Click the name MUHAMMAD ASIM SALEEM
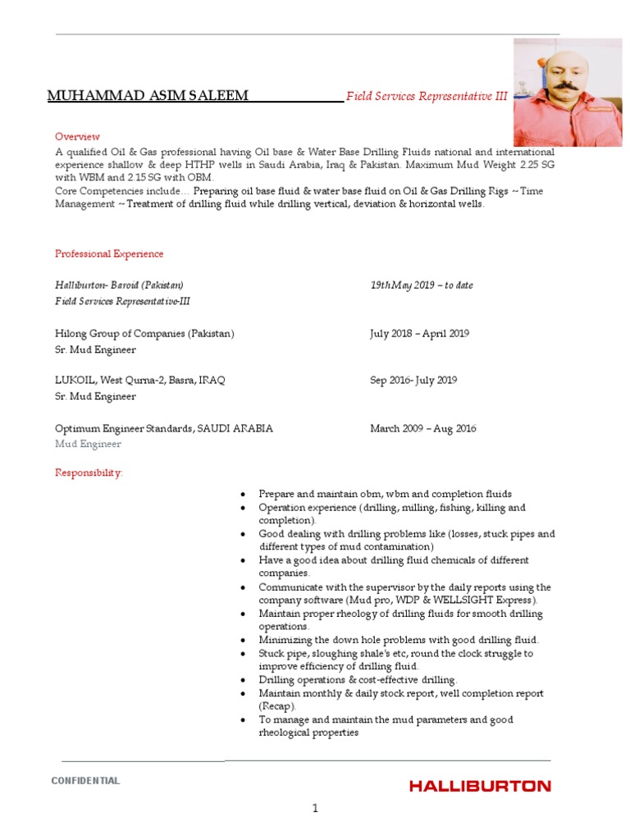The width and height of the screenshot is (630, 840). point(148,97)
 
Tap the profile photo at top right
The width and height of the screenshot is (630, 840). point(567,92)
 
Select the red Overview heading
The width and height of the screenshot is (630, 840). point(77,136)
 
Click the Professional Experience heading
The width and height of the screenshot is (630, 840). point(109,254)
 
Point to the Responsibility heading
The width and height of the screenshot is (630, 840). point(89,473)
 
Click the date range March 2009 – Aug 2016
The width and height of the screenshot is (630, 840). point(422,428)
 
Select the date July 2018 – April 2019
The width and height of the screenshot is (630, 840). point(419,334)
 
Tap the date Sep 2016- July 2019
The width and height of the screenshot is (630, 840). point(413,381)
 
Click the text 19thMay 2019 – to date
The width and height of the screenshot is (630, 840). point(421,285)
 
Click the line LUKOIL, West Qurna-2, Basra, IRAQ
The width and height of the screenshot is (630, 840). point(139,381)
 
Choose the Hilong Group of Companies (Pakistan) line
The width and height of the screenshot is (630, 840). point(144,334)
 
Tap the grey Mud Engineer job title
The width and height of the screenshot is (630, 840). point(88,444)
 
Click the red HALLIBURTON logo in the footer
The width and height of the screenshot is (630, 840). point(480,786)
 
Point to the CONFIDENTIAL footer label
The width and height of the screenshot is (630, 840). point(85,781)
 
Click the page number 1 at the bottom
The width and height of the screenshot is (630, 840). point(314,809)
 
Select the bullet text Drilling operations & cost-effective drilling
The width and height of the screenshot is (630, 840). point(358,680)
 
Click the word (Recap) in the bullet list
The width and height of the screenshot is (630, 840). point(276,706)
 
